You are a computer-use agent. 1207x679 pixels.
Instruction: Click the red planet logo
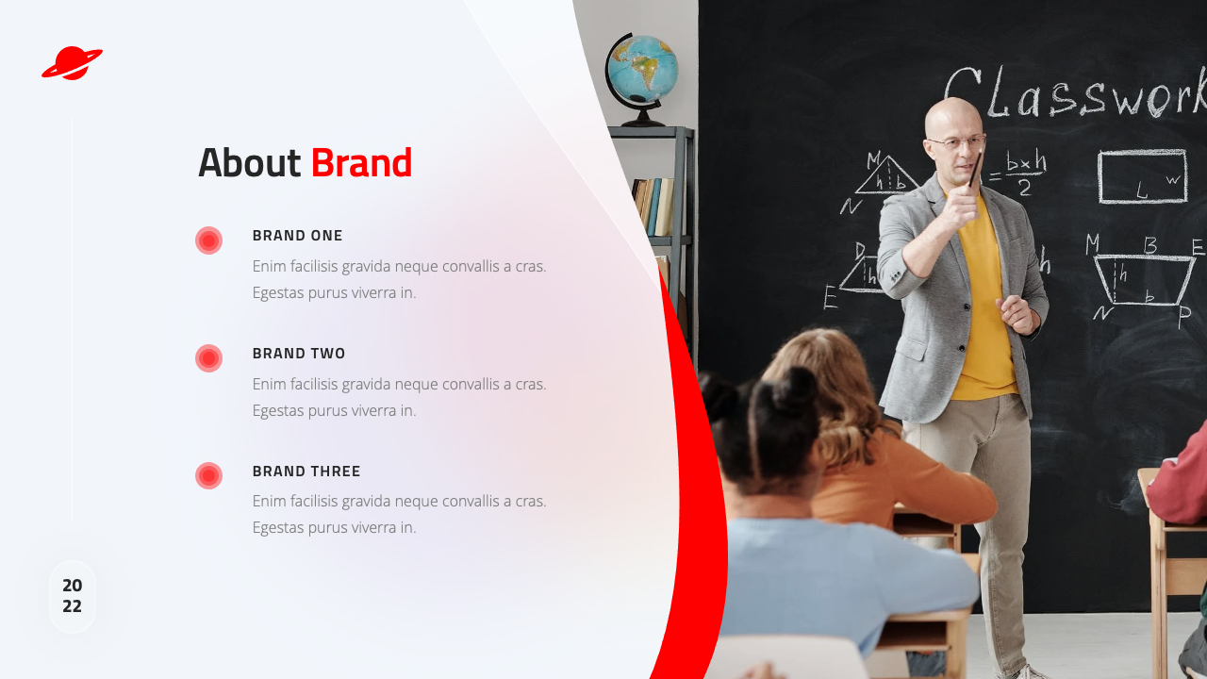point(73,63)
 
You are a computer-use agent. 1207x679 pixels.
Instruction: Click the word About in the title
point(250,162)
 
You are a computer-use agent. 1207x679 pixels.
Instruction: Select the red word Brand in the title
point(361,162)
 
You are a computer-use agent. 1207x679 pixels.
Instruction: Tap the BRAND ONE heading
point(297,236)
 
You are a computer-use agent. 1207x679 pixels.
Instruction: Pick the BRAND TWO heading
point(299,354)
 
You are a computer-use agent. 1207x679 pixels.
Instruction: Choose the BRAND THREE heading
point(306,471)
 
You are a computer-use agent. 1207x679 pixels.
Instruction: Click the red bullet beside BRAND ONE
point(209,240)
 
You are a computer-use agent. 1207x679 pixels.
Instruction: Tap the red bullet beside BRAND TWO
point(209,358)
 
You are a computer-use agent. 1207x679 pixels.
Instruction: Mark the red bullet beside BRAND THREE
point(209,476)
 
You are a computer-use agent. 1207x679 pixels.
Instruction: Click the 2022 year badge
point(73,596)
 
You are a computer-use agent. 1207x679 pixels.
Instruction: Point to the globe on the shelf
point(641,75)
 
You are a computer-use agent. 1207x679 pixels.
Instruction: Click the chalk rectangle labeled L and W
point(1143,176)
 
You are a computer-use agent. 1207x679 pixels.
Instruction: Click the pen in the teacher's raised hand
point(976,168)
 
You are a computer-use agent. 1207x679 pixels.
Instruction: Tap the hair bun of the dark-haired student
point(795,389)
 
